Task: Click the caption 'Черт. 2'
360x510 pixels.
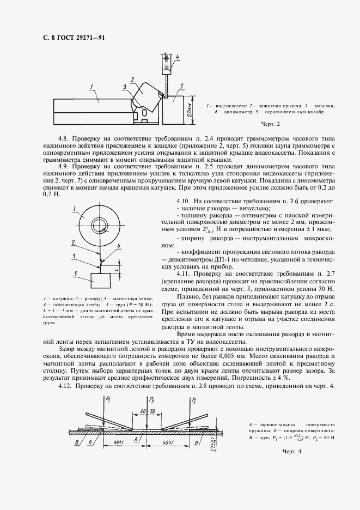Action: click(271, 124)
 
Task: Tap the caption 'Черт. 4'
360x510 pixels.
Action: click(291, 451)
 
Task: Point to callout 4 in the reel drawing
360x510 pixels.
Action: click(118, 246)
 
